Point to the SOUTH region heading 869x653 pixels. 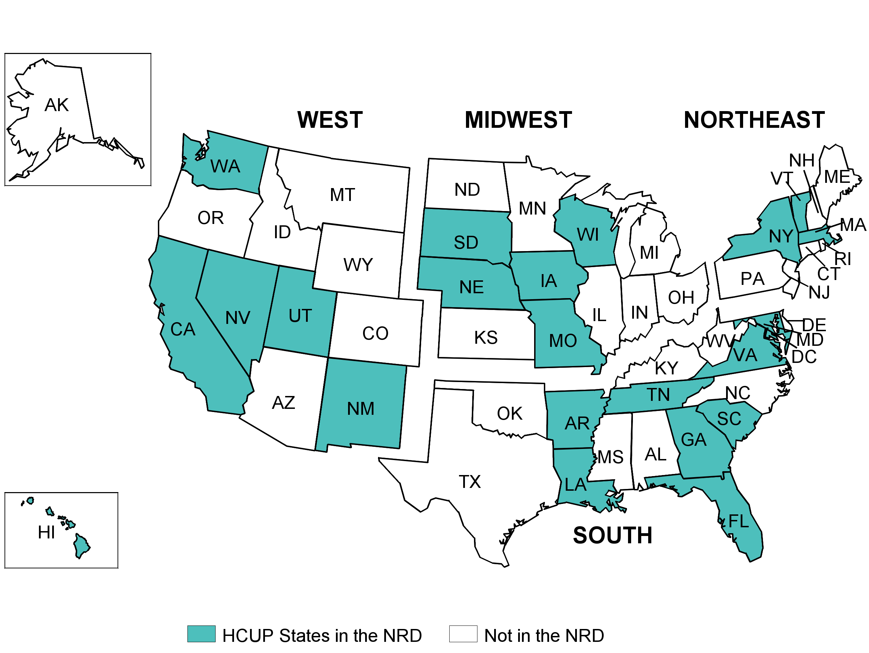point(612,535)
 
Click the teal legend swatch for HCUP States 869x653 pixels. point(201,634)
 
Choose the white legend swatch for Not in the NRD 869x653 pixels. point(463,634)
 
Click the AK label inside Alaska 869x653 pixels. point(57,105)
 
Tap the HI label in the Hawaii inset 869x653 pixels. point(46,532)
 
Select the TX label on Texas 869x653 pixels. point(470,482)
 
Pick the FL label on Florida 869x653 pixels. point(739,521)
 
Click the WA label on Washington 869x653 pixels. point(225,166)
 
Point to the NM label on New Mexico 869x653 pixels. point(361,409)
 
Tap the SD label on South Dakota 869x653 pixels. point(466,242)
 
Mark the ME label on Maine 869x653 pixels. point(837,177)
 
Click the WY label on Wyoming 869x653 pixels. point(358,264)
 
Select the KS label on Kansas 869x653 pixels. point(486,337)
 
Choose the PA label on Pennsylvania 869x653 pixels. point(752,279)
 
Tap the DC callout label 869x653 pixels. point(804,357)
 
